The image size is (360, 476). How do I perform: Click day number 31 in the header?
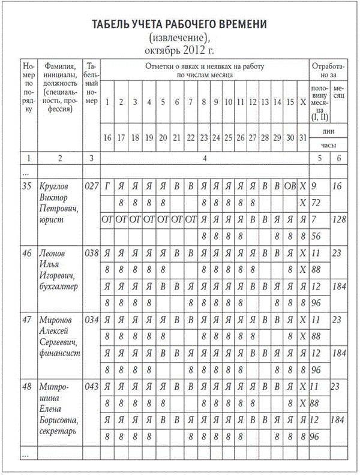(x=302, y=137)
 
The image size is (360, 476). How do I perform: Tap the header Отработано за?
(x=328, y=70)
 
